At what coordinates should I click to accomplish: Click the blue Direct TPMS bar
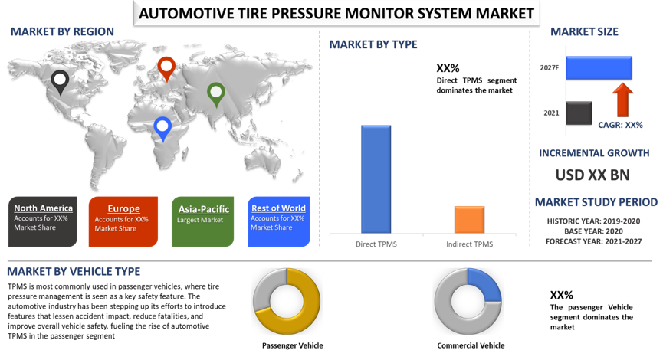coord(376,178)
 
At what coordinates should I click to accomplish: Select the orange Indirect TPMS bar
coord(469,219)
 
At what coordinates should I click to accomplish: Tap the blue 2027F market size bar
coord(599,67)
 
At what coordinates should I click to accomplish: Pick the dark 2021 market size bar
coord(579,113)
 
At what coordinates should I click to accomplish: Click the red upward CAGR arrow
coord(623,100)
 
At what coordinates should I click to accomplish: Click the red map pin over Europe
coord(166,67)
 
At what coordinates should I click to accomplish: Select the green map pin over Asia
coord(216,93)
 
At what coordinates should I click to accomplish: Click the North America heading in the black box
coord(44,208)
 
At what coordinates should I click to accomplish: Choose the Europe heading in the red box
coord(123,208)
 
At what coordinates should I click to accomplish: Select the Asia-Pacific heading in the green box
coord(204,209)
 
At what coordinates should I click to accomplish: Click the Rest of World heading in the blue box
coord(278,208)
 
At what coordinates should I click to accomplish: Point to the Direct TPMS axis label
coord(376,244)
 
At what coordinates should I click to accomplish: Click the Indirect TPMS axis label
coord(469,244)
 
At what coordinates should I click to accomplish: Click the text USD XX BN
coord(592,175)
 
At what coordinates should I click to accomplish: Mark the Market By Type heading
coord(373,44)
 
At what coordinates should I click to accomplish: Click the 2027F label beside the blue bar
coord(549,68)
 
